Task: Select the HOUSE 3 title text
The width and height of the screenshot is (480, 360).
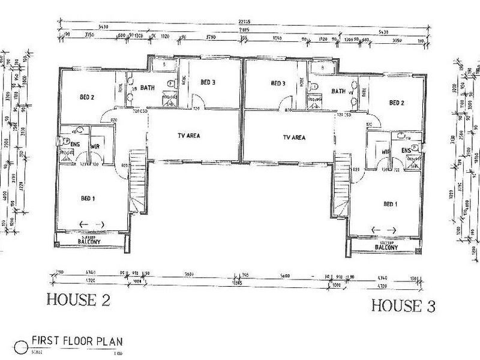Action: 403,305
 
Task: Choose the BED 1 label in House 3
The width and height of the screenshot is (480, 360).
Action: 391,203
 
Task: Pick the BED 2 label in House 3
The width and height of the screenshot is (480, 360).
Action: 397,103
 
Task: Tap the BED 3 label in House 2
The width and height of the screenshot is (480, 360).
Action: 208,82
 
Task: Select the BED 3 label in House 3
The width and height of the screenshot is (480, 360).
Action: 278,83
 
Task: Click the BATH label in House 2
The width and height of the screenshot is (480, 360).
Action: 148,88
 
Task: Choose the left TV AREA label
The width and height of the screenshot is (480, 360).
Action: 189,136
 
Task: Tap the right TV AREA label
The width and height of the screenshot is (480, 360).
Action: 294,137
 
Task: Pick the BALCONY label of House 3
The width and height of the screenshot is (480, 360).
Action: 386,247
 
